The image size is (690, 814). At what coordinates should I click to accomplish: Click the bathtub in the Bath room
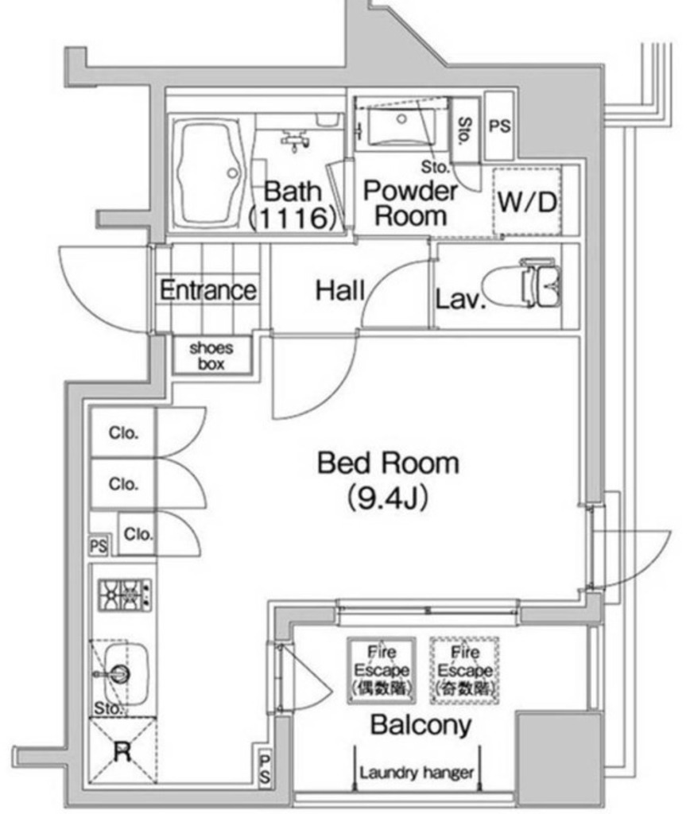(x=209, y=172)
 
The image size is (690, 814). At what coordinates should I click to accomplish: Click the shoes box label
(x=211, y=355)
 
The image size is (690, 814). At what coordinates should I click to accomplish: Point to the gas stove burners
(x=123, y=593)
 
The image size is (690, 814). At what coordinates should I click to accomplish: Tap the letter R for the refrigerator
(x=122, y=752)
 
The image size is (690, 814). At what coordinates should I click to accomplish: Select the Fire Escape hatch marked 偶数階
(x=381, y=670)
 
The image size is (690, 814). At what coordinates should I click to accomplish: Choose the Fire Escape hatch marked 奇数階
(x=465, y=670)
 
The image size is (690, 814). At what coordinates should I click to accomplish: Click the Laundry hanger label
(x=417, y=772)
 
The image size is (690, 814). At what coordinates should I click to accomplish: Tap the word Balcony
(x=421, y=725)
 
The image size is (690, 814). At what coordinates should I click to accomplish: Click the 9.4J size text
(x=388, y=498)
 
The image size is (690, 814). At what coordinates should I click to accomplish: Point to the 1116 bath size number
(x=290, y=219)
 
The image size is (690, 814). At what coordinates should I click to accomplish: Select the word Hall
(x=340, y=290)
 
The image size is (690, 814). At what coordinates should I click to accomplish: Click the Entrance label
(x=208, y=290)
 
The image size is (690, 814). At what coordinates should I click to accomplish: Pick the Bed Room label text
(x=388, y=463)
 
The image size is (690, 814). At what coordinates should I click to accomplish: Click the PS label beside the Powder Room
(x=500, y=126)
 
